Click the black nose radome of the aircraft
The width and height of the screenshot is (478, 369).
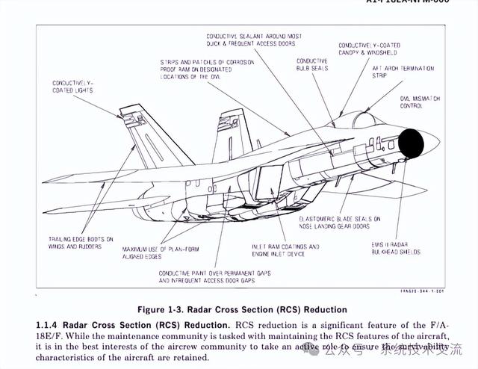coord(412,143)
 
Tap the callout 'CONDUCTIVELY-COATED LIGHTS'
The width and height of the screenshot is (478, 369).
coord(72,86)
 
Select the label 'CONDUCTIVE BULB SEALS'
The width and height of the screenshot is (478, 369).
coord(311,65)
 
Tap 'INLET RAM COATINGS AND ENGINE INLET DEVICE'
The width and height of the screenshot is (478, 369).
coord(285,250)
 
